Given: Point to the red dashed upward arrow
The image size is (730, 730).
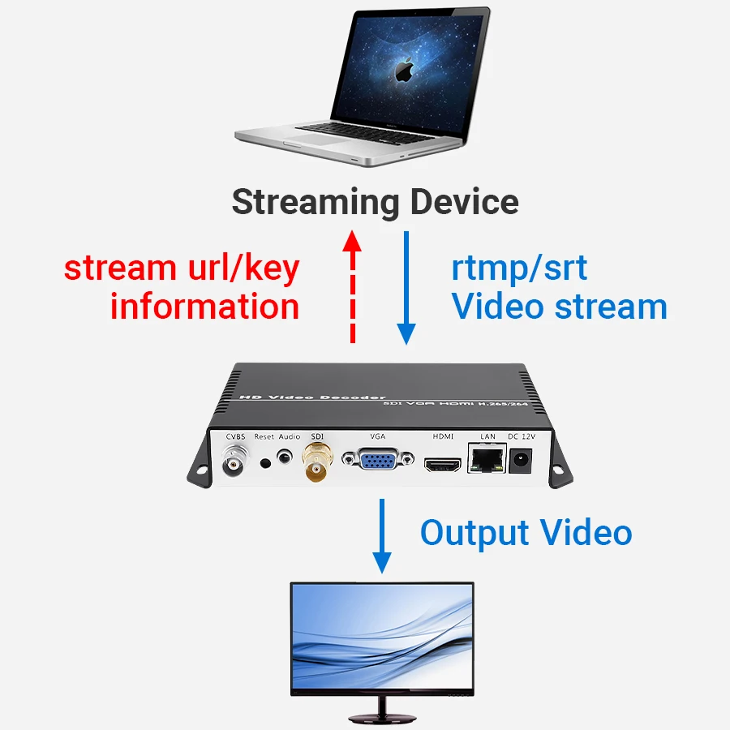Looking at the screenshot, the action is [351, 284].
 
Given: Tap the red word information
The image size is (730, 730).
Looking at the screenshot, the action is [204, 307].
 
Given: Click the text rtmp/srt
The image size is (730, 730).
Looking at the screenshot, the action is [519, 268].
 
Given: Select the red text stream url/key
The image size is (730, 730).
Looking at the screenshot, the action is [182, 268].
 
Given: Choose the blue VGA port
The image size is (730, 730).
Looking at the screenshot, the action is [376, 462].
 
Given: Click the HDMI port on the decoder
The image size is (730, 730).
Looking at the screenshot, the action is [442, 465].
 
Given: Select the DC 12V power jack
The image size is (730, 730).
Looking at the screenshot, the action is [519, 462].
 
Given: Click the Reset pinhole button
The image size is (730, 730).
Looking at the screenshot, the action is [265, 463].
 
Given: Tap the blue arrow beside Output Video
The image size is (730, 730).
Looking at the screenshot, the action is [381, 536].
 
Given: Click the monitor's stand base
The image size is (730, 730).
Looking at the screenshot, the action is [381, 717].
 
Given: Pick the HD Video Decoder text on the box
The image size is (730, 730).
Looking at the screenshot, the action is [311, 397].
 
